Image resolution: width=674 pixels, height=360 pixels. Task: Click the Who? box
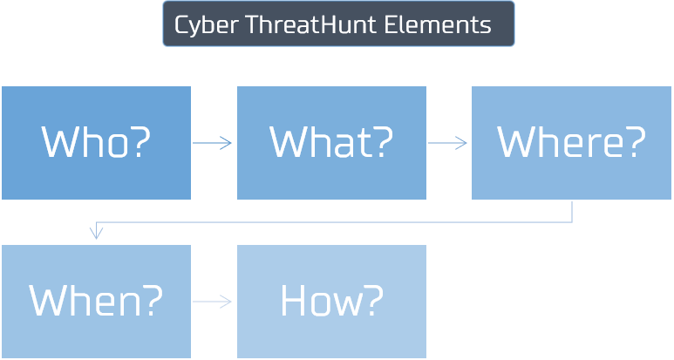[x=96, y=143]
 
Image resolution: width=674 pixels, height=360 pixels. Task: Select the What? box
[x=331, y=143]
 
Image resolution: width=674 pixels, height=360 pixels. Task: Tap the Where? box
[x=571, y=143]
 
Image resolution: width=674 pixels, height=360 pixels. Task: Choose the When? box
[x=96, y=301]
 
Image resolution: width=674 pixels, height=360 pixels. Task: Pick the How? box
[x=331, y=301]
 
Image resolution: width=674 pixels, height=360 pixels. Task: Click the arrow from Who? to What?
[x=213, y=143]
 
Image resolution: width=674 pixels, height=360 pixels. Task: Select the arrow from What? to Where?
[x=448, y=143]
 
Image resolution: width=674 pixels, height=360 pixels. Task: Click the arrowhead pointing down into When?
[x=97, y=233]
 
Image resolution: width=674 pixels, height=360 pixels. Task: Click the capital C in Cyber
[x=180, y=24]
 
